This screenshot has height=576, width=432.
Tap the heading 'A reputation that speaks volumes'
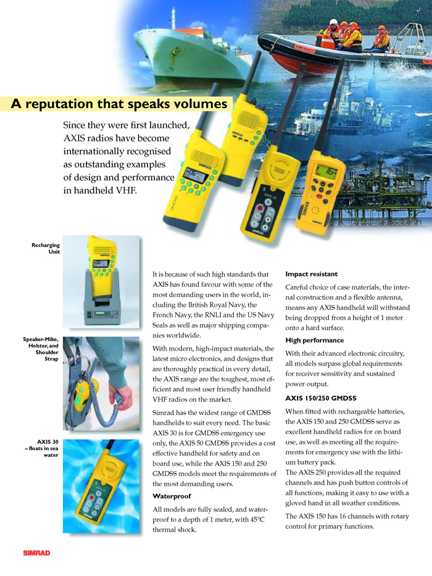click(119, 104)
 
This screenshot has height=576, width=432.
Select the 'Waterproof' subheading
click(172, 496)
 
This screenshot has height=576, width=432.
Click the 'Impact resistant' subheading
click(311, 273)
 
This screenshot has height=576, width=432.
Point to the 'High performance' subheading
click(314, 340)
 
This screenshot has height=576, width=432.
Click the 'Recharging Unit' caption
click(45, 248)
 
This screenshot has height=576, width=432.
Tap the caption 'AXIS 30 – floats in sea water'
click(44, 448)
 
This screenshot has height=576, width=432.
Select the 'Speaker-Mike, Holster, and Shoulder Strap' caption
click(41, 349)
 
